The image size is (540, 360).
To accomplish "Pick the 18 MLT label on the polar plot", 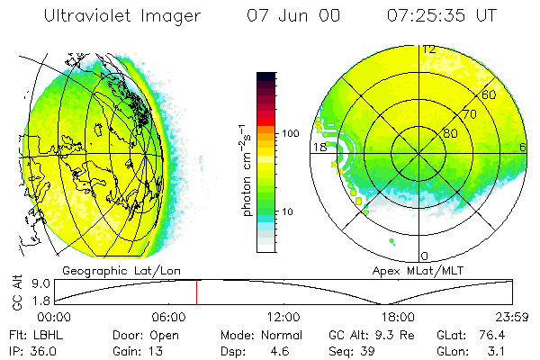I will pyautogui.click(x=319, y=147).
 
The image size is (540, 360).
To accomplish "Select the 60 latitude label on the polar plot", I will pyautogui.click(x=490, y=94).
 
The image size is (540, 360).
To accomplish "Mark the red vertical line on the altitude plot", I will pyautogui.click(x=197, y=292).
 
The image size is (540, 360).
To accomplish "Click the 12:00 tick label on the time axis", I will pyautogui.click(x=283, y=317).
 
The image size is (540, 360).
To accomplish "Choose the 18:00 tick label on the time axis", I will pyautogui.click(x=398, y=317).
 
